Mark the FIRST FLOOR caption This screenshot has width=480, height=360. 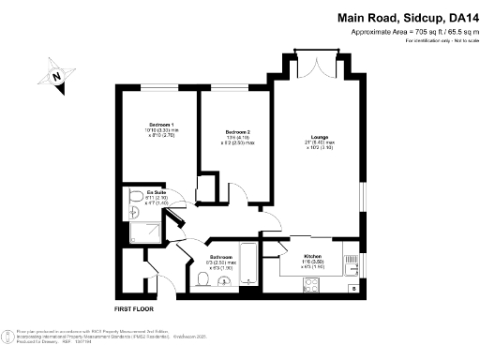(133, 308)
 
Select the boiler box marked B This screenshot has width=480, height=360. (353, 289)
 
